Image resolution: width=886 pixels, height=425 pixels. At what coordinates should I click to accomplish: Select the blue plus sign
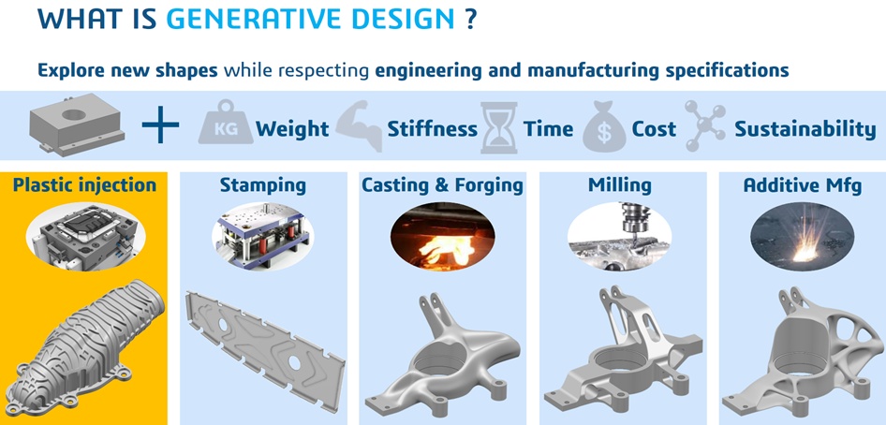pos(160,125)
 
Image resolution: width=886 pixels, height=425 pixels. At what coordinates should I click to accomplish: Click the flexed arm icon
pos(360,125)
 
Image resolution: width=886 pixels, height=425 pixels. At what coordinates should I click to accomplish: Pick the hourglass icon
pos(499,127)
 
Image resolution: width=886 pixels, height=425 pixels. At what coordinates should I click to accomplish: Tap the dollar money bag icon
pos(604,127)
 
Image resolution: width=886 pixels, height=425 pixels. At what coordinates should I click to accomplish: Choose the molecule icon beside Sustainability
pos(704,125)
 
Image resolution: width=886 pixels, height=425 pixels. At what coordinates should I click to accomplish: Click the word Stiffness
pos(433,129)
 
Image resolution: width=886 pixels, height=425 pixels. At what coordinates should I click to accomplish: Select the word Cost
pos(654,129)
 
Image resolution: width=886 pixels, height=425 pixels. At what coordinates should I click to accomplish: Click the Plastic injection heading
pos(84,185)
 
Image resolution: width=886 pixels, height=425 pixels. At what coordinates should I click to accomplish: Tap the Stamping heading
pos(263,185)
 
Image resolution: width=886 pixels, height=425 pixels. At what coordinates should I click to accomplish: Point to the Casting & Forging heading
pos(442,185)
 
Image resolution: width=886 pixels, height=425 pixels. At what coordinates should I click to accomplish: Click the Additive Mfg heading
pos(803,185)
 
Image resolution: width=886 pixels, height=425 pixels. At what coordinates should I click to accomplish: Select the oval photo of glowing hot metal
pos(442,237)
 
